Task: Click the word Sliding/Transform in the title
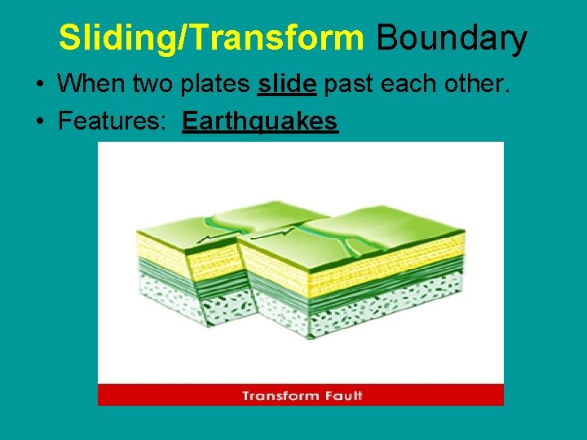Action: pos(210,38)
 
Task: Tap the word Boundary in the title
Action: pos(451,38)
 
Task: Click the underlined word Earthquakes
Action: pos(259,121)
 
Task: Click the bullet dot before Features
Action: pos(39,122)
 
